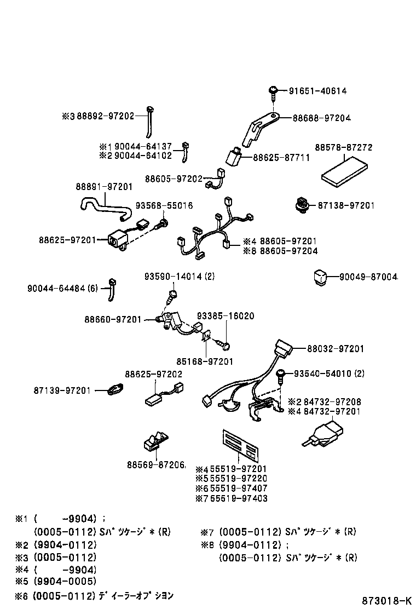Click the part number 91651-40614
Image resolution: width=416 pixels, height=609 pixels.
[x=317, y=91]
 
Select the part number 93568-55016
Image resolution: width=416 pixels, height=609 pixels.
[x=164, y=205]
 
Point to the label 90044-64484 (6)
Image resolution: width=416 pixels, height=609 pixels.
[x=62, y=288]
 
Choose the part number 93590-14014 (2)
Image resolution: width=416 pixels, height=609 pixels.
[x=180, y=277]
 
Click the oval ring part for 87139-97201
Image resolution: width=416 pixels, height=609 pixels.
[x=115, y=390]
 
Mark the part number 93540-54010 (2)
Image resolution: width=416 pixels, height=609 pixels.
[x=329, y=374]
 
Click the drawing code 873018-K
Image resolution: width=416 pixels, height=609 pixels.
[x=384, y=600]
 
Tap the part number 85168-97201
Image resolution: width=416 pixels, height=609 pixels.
[x=205, y=361]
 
